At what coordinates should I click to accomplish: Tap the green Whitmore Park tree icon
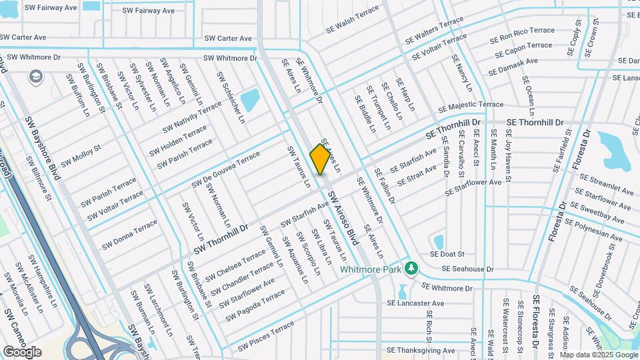(413, 268)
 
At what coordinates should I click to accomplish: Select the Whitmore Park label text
(372, 270)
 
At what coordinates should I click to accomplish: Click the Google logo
(22, 351)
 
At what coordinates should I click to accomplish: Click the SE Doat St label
(447, 254)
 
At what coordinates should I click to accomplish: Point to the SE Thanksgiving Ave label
(421, 351)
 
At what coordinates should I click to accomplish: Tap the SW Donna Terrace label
(129, 235)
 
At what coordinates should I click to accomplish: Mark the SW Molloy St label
(81, 155)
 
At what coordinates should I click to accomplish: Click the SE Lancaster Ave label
(415, 303)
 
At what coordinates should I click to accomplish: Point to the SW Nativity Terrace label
(192, 116)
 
